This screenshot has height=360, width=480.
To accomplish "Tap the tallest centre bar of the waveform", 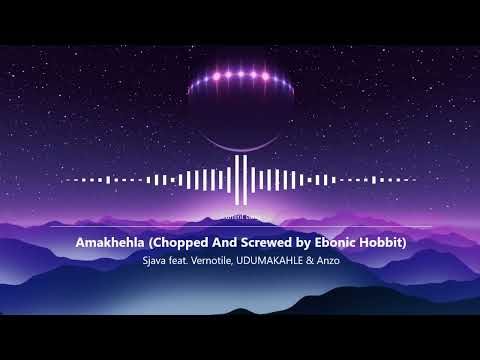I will (x=240, y=179).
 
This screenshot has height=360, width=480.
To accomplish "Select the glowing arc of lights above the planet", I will (x=240, y=77).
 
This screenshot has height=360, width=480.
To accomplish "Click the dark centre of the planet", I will (x=240, y=110).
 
